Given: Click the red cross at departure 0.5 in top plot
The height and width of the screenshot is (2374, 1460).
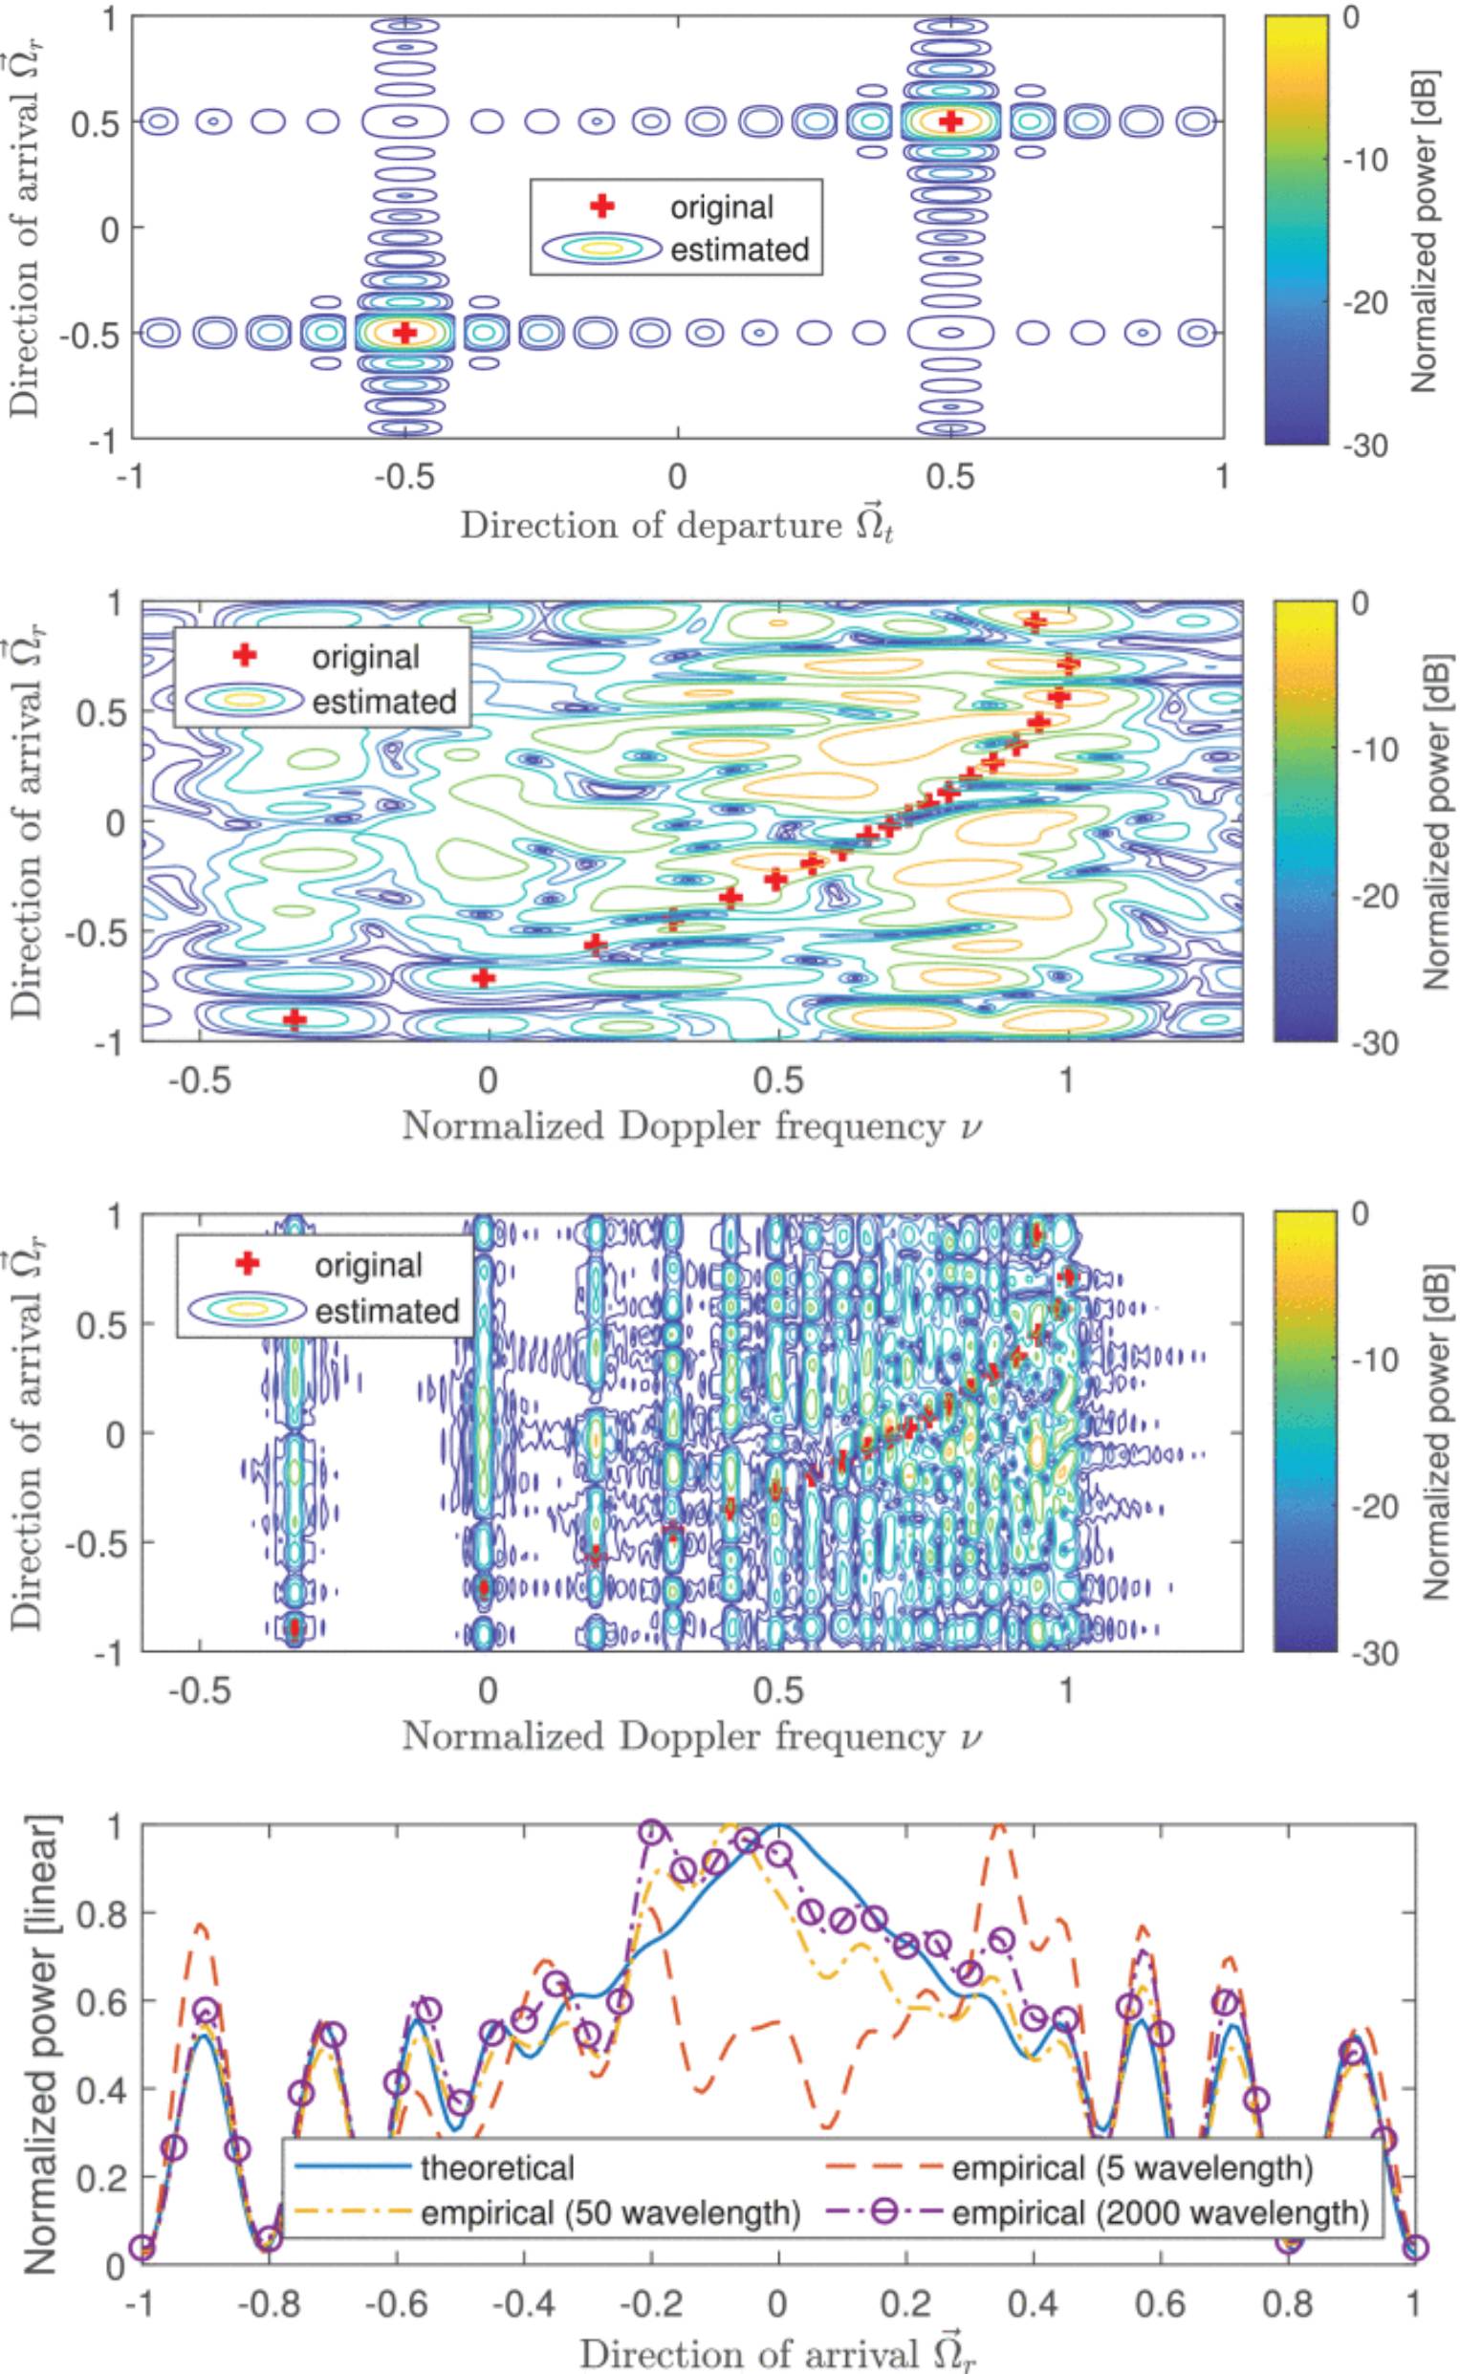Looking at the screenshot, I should click(x=951, y=120).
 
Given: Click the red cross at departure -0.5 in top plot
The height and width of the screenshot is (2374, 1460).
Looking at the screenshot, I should click(x=405, y=332).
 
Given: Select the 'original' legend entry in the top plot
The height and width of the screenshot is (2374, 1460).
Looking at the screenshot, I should click(x=723, y=207).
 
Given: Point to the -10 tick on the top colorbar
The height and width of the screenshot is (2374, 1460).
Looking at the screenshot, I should click(x=1372, y=161).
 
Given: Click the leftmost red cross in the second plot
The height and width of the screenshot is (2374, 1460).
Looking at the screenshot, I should click(x=294, y=1018).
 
